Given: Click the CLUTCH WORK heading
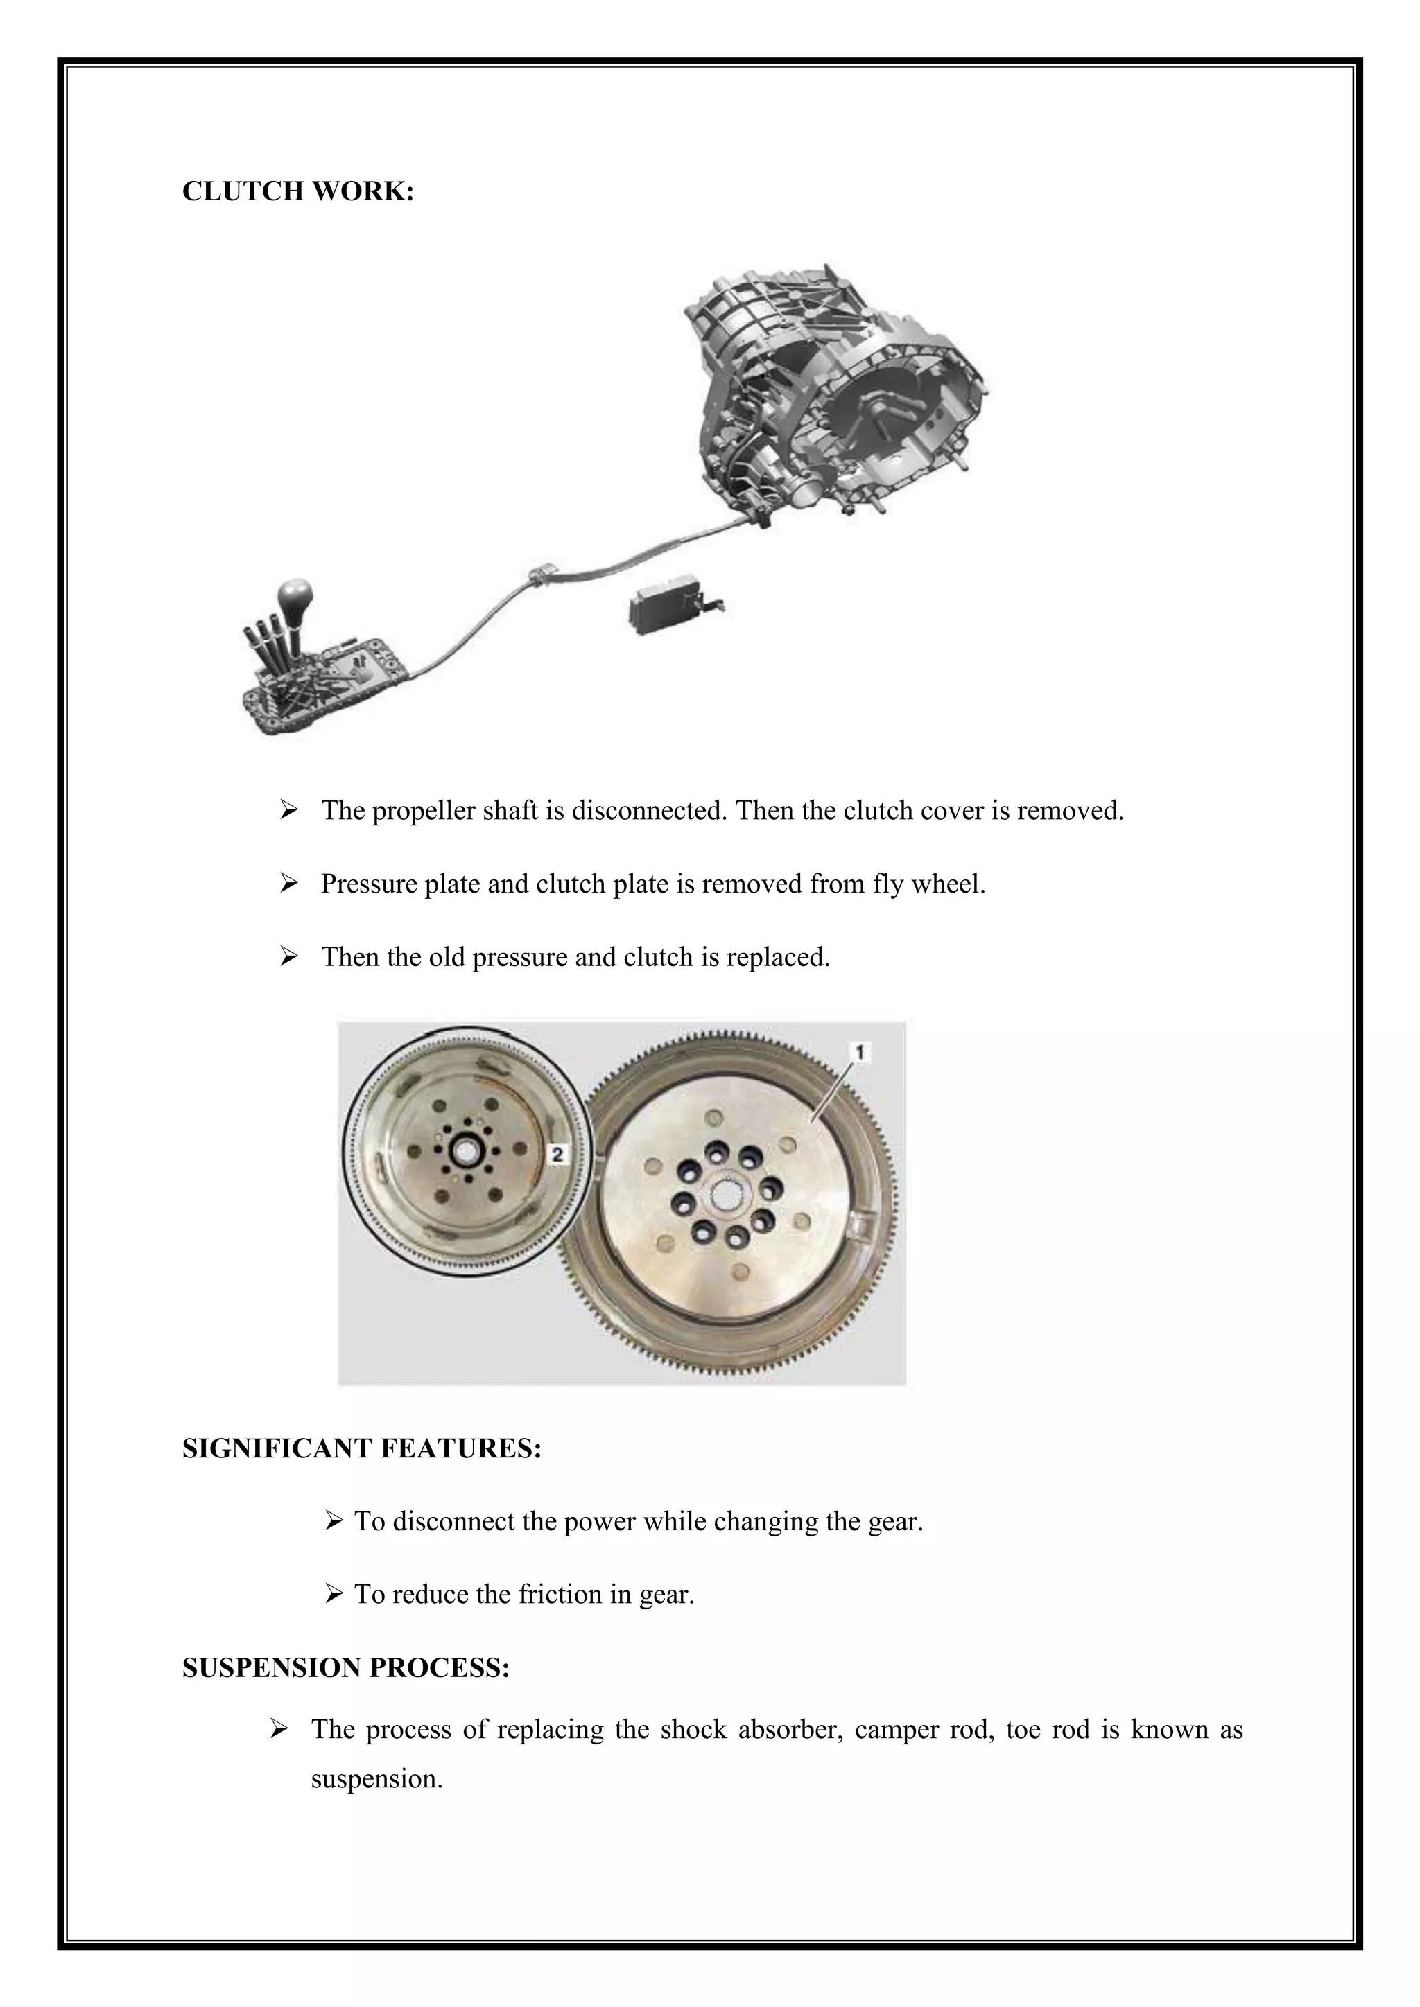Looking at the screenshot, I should point(297,191).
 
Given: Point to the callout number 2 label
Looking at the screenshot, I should point(557,1155).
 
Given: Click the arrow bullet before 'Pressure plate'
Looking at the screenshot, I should point(289,884).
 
